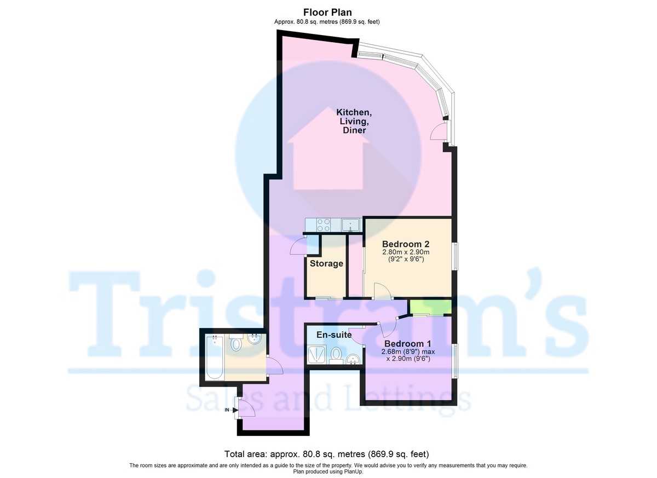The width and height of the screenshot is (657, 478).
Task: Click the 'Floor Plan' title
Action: tap(328, 12)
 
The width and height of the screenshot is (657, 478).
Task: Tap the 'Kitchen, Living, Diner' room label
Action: tap(354, 122)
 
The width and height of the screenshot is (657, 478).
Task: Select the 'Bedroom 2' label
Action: tap(405, 244)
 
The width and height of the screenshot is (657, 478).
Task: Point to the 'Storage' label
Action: tap(326, 264)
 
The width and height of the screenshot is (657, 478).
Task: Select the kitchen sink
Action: tap(350, 224)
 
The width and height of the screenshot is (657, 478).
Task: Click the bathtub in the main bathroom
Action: tap(215, 358)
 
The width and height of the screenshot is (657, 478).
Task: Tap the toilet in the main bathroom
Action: tap(236, 343)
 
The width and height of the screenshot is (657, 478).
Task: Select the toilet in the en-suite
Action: tap(336, 354)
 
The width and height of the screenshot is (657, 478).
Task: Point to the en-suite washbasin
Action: tap(353, 359)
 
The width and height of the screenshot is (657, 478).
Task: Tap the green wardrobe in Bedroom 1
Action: tap(430, 307)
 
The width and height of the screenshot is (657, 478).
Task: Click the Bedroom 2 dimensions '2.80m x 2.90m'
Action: tap(405, 252)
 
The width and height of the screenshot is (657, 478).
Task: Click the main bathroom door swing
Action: tap(274, 366)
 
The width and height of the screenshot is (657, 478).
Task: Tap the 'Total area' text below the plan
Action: tap(327, 454)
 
